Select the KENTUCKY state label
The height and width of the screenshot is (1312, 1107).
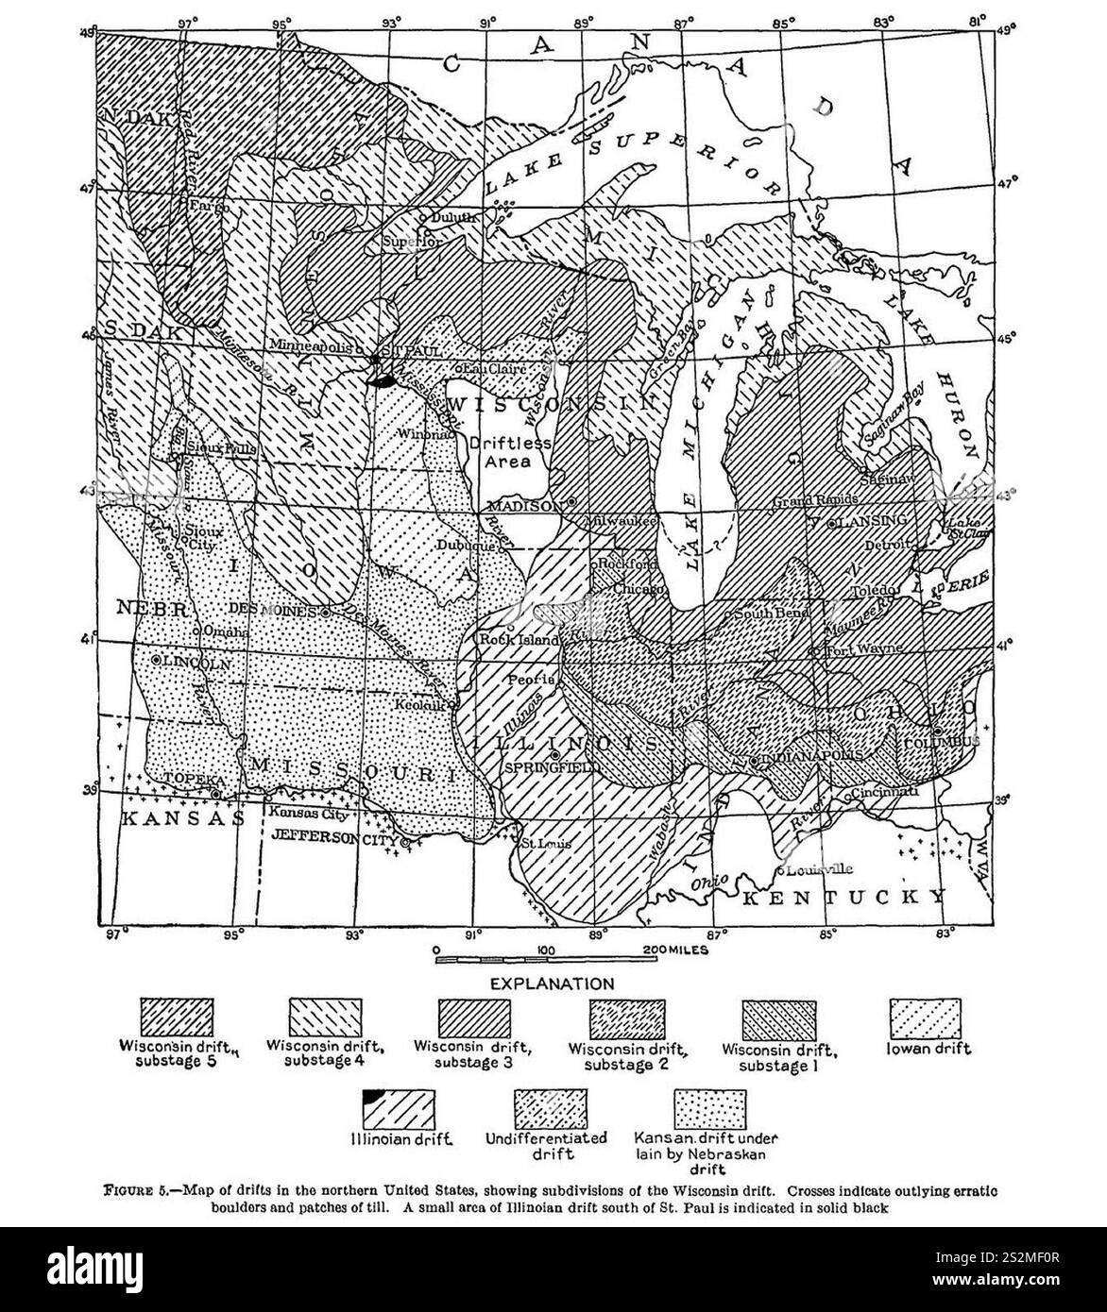[x=843, y=897]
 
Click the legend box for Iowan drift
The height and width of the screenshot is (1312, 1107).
[x=928, y=1019]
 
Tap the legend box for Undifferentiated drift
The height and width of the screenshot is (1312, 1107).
[x=549, y=1109]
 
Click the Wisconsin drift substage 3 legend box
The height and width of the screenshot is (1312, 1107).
[x=475, y=1019]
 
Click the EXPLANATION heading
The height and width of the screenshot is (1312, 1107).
[x=551, y=984]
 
